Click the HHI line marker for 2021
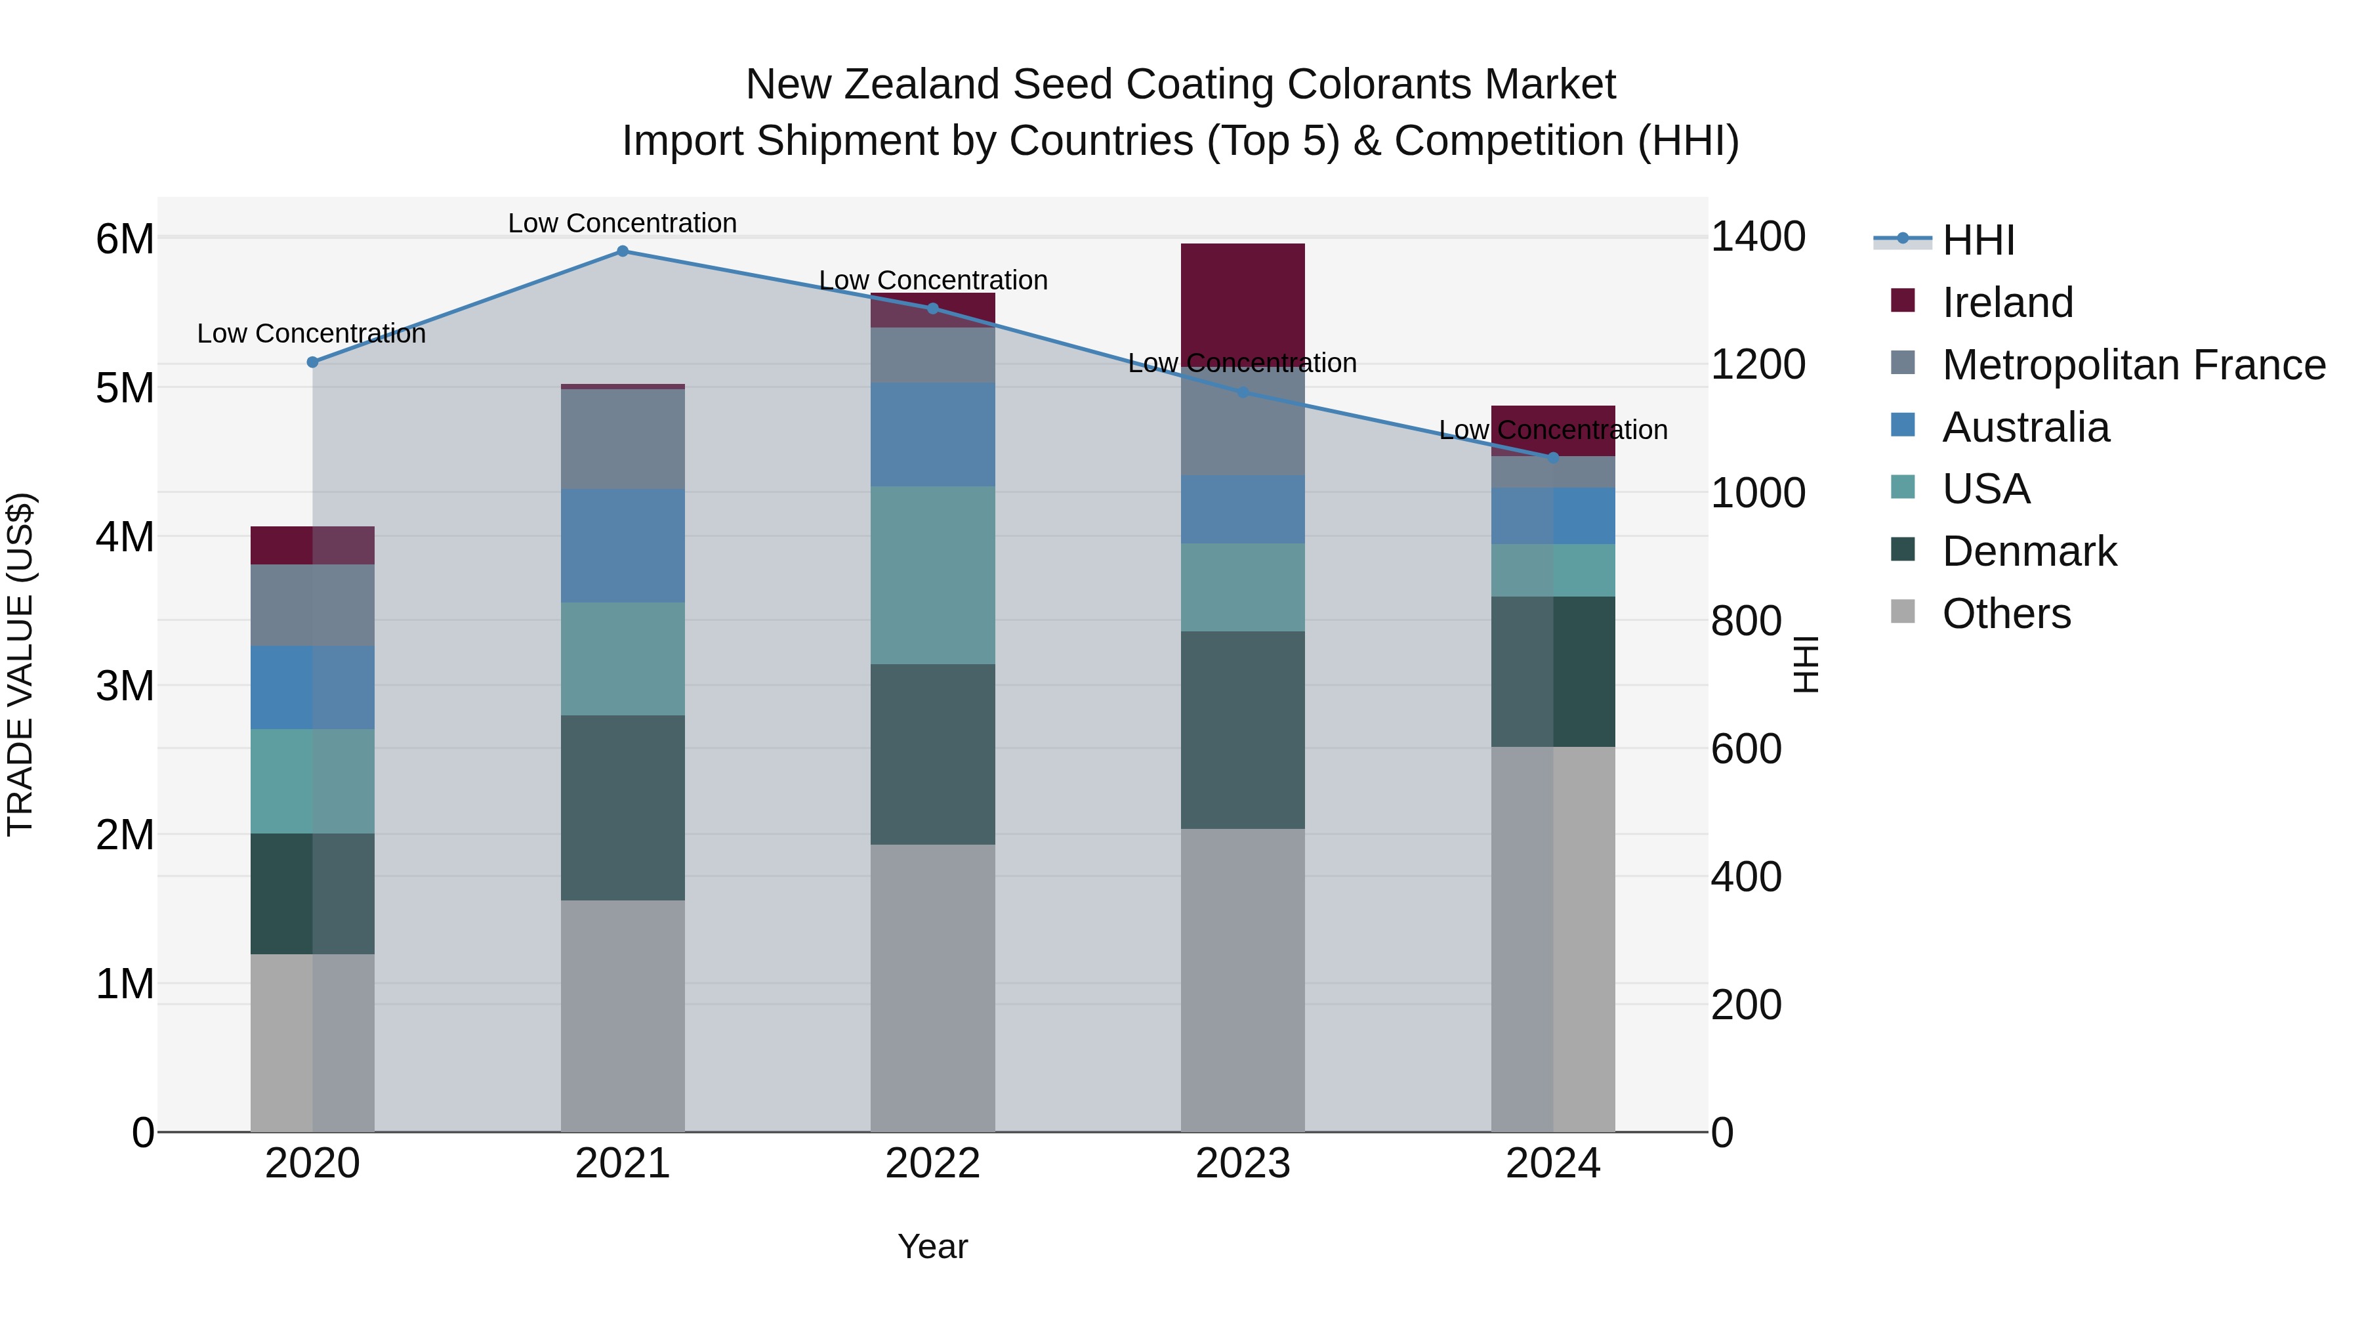tap(623, 251)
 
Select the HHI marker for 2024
tap(1553, 457)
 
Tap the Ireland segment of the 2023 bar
tap(1243, 293)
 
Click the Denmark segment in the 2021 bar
tap(623, 807)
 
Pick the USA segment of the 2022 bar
tap(932, 575)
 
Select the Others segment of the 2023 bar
tap(1243, 980)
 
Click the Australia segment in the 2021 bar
tap(623, 546)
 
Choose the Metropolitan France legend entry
tap(2134, 365)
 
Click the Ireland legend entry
tap(2007, 303)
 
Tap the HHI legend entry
tap(1979, 240)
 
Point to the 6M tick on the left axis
tap(125, 240)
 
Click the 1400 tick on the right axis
tap(1758, 237)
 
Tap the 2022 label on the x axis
tap(932, 1164)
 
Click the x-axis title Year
tap(932, 1246)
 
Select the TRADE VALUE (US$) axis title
tap(20, 664)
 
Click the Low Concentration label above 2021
tap(623, 223)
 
